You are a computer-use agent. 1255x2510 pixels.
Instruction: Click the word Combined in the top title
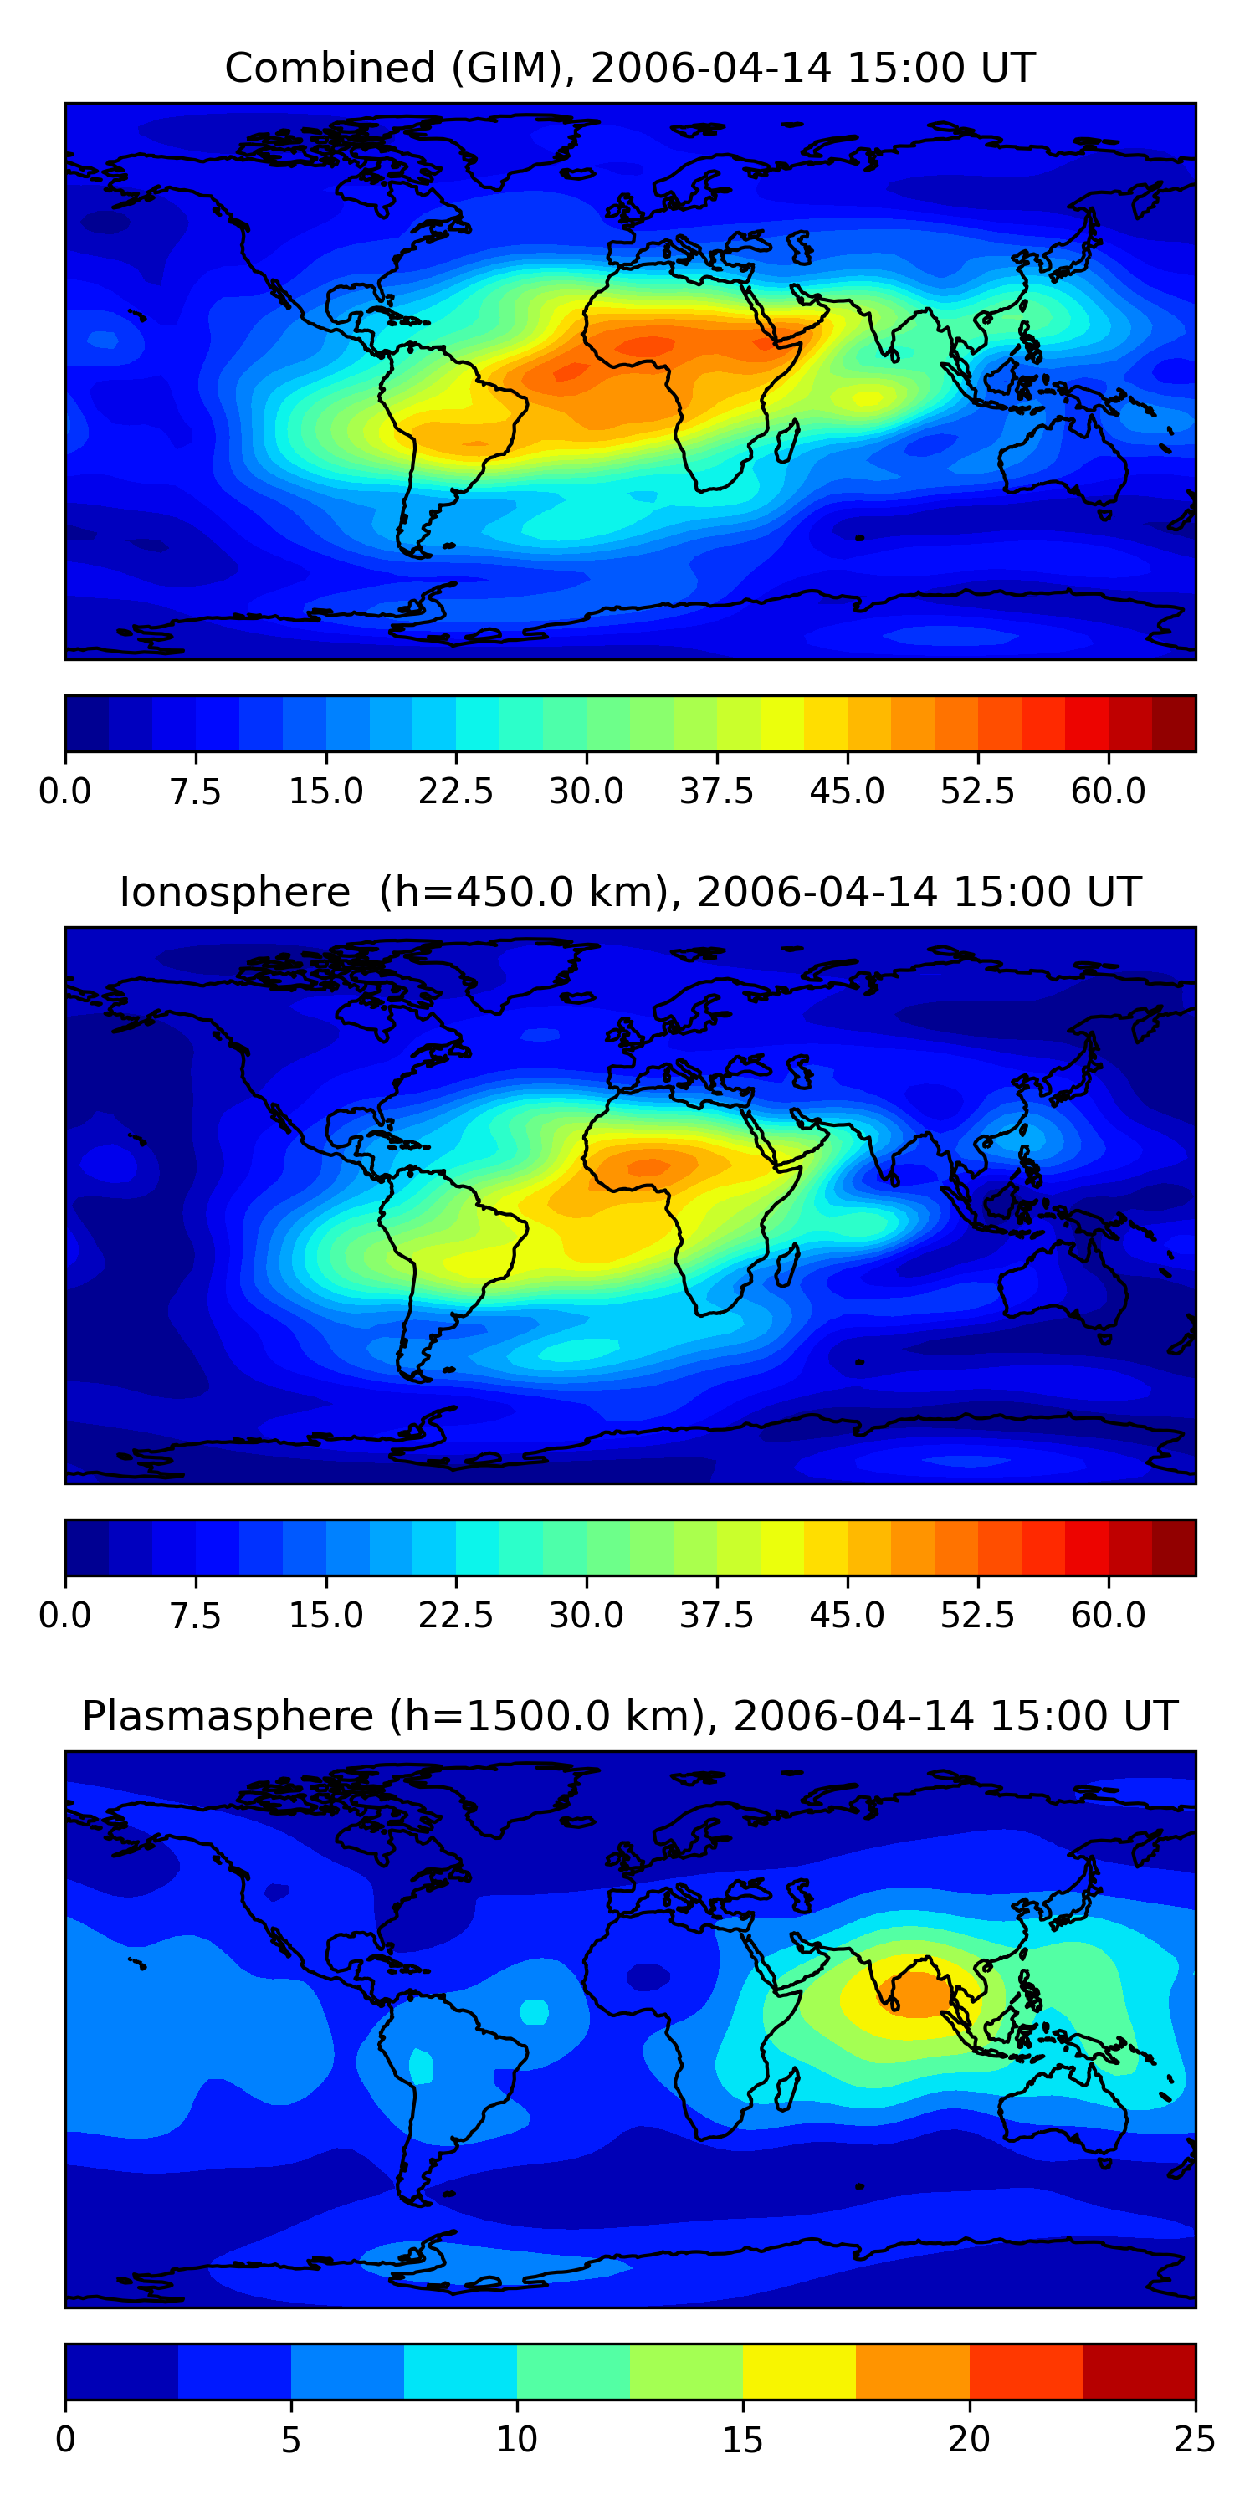coord(330,69)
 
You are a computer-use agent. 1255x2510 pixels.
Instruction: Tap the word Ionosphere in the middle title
coord(234,893)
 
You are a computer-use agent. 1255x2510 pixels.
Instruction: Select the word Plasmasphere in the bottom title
coord(227,1716)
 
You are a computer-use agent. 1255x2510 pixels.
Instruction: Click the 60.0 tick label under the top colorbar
coord(1108,791)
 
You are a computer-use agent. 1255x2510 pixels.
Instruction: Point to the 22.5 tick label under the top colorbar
coord(456,791)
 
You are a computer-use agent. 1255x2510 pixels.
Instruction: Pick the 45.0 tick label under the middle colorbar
coord(847,1615)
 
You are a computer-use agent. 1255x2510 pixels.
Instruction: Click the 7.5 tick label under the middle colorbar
coord(196,1615)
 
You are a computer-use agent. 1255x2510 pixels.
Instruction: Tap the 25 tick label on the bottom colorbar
coord(1195,2439)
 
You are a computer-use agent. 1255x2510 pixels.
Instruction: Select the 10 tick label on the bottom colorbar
coord(516,2439)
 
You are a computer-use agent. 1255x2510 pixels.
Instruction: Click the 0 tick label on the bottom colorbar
coord(65,2439)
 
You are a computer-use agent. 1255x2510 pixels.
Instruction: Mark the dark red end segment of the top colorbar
coord(1173,723)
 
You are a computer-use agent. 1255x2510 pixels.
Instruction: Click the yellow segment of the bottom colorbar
coord(799,2370)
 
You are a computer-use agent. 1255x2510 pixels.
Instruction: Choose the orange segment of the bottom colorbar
coord(912,2370)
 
